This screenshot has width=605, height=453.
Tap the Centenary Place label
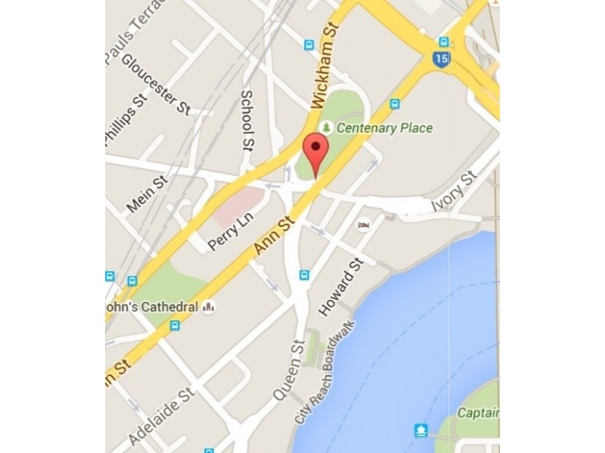(x=385, y=128)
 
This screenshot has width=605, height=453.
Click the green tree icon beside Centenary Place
(x=327, y=128)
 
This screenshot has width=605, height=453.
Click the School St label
(x=247, y=119)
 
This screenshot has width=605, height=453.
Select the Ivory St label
(x=454, y=192)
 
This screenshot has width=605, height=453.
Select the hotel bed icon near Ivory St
(x=364, y=225)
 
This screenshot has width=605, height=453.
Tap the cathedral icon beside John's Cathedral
(x=208, y=307)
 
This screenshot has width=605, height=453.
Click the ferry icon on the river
(x=421, y=430)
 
